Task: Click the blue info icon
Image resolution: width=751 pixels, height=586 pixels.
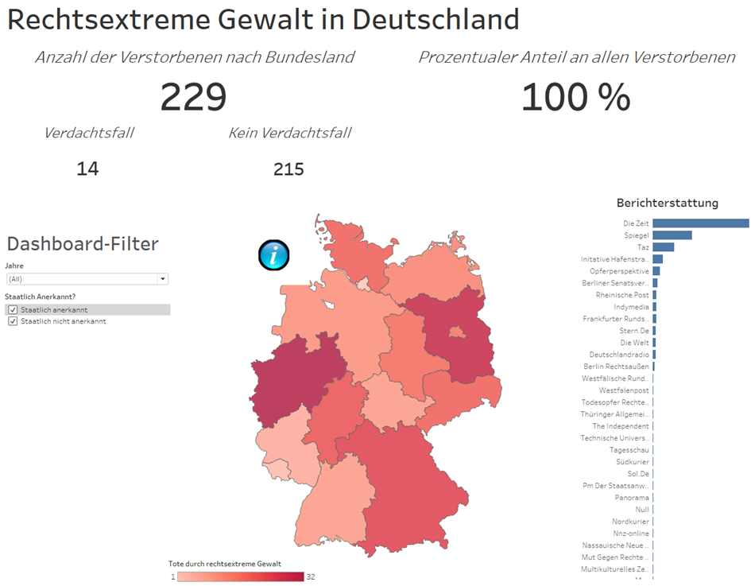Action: coord(274,255)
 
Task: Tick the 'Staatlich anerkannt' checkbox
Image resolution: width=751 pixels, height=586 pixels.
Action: coord(13,310)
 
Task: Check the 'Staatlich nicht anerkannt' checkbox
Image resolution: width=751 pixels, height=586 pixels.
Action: coord(13,321)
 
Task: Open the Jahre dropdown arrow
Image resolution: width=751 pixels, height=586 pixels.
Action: coord(163,279)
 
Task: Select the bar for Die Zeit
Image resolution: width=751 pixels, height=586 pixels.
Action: coord(700,223)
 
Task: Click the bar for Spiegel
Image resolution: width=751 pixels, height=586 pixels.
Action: coord(672,235)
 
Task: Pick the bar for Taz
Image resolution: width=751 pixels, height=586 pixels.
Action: coord(663,247)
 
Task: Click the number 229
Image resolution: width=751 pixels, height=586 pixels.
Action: coord(194,97)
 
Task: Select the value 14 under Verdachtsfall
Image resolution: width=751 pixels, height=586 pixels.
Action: coord(87,169)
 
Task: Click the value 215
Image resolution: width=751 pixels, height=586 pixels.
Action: coord(288,169)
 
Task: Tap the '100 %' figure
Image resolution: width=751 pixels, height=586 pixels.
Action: coord(576,97)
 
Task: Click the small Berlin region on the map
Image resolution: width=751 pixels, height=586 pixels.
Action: coord(455,334)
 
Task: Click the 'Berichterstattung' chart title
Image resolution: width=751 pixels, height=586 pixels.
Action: coord(667,203)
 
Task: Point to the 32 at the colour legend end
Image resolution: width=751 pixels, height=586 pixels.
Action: coord(311,576)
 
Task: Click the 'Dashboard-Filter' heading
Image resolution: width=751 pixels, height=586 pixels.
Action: coord(83,244)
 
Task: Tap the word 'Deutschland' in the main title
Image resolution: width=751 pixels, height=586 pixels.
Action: coord(436,19)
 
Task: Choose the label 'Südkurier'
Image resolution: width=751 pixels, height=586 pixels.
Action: coord(632,462)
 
